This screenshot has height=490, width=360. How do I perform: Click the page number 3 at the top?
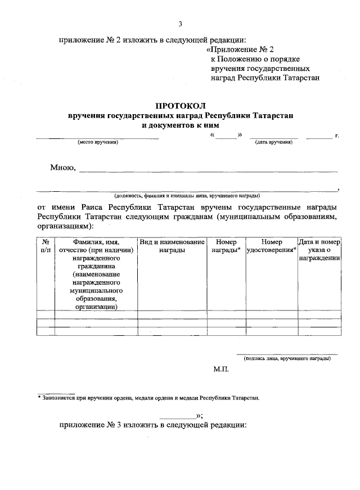[x=180, y=24]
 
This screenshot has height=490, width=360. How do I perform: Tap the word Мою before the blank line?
[x=62, y=167]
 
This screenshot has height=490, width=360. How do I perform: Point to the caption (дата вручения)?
[x=273, y=142]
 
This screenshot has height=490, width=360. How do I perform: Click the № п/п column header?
[x=46, y=246]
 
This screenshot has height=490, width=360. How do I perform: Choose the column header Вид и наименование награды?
[x=172, y=246]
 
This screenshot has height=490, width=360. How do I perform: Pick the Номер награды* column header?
[x=226, y=246]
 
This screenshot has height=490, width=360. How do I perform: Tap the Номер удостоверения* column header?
[x=272, y=246]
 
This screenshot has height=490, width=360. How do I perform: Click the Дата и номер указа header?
[x=319, y=250]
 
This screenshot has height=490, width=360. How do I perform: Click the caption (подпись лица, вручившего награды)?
[x=287, y=358]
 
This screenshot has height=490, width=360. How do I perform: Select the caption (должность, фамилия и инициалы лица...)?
[x=186, y=196]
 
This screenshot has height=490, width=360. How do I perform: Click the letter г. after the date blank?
[x=336, y=136]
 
